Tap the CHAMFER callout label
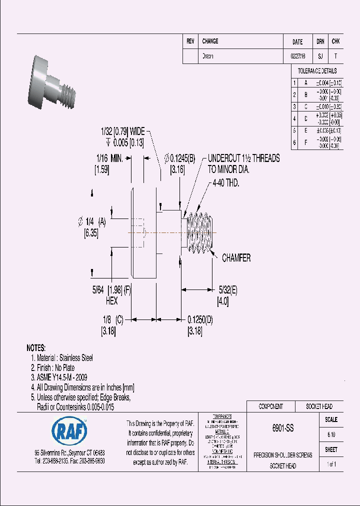click(x=236, y=258)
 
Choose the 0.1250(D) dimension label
click(x=200, y=319)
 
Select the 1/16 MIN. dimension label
click(x=109, y=158)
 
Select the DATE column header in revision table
click(x=297, y=42)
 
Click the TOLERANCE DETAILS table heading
click(x=317, y=71)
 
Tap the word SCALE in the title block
click(x=331, y=420)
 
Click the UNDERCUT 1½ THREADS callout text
click(x=243, y=158)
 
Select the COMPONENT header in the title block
click(x=270, y=406)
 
